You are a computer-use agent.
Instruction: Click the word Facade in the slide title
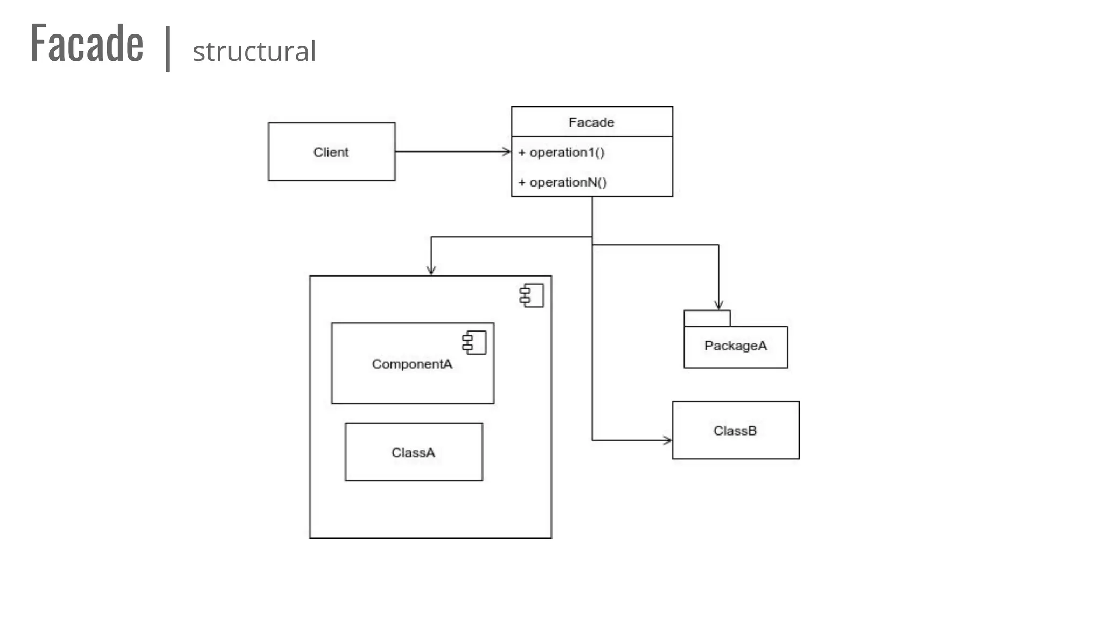click(87, 44)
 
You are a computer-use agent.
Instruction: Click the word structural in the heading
click(254, 52)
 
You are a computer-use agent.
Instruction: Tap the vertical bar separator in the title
click(168, 49)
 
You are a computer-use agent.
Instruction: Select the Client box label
click(331, 152)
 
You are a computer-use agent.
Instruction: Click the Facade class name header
click(591, 122)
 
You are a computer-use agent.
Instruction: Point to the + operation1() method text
click(561, 153)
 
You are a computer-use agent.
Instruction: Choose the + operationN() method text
click(562, 182)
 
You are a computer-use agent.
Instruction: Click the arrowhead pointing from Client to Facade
click(507, 151)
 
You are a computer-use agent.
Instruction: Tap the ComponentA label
click(412, 364)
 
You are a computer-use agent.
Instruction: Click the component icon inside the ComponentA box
click(474, 342)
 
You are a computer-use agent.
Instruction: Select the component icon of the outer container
click(532, 295)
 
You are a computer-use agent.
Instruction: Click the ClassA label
click(413, 452)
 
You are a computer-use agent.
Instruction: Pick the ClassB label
click(735, 431)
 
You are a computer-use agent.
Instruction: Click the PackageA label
click(735, 346)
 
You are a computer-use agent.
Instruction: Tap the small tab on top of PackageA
click(707, 318)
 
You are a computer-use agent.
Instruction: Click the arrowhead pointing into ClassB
click(668, 440)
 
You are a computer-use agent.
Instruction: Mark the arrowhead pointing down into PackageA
click(718, 305)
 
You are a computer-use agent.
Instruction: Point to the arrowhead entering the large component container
click(431, 271)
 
